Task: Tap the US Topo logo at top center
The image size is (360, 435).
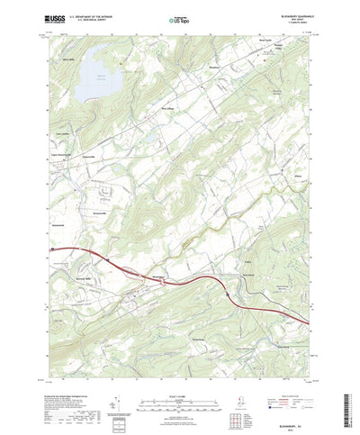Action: point(179,19)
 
